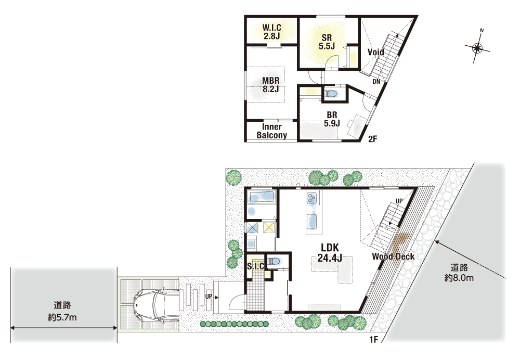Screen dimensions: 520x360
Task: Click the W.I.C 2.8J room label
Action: (x=271, y=32)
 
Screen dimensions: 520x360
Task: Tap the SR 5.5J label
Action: (x=327, y=42)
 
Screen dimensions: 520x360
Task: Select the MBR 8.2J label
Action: (x=270, y=85)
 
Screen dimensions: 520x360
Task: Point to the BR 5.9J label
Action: (x=332, y=119)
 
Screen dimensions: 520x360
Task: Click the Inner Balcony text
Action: (x=271, y=131)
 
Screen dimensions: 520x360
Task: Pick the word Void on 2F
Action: (x=376, y=52)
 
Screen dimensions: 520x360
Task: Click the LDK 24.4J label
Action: (x=330, y=252)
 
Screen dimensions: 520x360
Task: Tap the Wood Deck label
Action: (x=393, y=256)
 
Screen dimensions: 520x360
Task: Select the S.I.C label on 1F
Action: (x=256, y=266)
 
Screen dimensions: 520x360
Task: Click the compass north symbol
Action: (x=477, y=48)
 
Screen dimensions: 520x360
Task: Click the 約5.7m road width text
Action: (x=62, y=317)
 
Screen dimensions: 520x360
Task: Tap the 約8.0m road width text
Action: (x=459, y=278)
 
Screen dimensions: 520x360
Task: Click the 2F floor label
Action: (x=373, y=139)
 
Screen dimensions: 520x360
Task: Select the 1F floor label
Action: (x=374, y=340)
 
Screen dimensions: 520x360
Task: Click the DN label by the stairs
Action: (x=376, y=82)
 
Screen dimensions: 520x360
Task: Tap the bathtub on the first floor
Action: (x=262, y=197)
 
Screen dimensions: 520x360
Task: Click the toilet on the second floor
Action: (x=331, y=94)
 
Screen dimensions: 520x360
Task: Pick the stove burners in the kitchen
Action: (x=311, y=198)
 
